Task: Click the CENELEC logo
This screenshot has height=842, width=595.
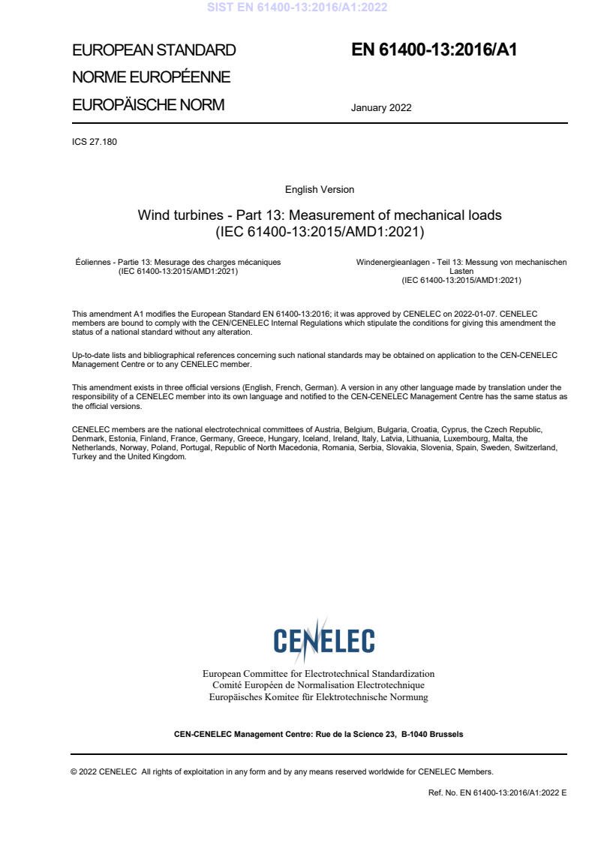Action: click(323, 640)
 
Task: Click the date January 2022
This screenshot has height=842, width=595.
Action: click(381, 108)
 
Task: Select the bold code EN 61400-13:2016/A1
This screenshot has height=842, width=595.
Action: click(434, 51)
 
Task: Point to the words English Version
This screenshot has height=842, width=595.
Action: click(320, 190)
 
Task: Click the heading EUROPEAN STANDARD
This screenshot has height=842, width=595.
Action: click(154, 51)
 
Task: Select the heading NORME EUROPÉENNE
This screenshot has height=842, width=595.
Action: click(151, 78)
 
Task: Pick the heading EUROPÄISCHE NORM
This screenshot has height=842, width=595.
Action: click(148, 105)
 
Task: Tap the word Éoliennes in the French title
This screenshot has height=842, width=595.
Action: click(90, 262)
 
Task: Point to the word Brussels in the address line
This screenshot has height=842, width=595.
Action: click(446, 734)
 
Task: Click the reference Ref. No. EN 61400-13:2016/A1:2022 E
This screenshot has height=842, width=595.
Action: click(497, 792)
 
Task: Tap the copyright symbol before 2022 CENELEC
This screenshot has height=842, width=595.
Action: click(74, 771)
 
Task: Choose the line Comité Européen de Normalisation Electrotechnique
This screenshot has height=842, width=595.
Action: click(318, 685)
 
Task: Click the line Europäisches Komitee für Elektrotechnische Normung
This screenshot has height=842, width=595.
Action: click(318, 697)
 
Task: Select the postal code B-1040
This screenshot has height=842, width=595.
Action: click(413, 734)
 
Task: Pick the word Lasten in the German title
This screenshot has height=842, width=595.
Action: click(461, 271)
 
